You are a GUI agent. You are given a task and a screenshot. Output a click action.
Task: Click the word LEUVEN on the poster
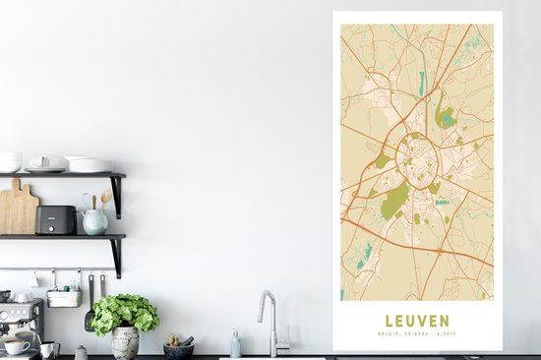point(417,321)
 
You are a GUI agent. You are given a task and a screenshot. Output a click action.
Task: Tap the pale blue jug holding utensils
point(94,222)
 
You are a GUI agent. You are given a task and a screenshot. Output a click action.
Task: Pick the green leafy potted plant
point(124,313)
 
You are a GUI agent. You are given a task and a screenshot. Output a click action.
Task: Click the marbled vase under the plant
point(125,343)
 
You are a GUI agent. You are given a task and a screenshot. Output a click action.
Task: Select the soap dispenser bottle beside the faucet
point(235,343)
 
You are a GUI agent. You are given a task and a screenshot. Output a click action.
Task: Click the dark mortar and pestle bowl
point(179,348)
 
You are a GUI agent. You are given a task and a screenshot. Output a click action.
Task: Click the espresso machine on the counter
point(20,325)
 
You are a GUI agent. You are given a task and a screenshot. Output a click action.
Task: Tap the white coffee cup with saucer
point(18,346)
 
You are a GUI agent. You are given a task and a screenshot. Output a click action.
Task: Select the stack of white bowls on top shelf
point(10,161)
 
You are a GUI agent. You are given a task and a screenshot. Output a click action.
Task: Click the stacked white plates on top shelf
point(90,164)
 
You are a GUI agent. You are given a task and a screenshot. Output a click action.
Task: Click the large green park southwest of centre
point(394,202)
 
